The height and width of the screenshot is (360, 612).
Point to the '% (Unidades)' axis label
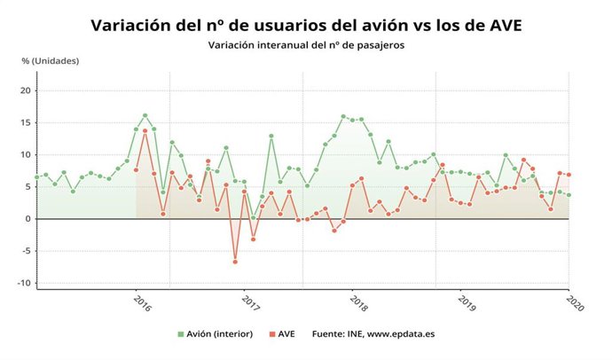pyautogui.click(x=51, y=60)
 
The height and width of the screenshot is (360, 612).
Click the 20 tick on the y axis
pyautogui.click(x=26, y=90)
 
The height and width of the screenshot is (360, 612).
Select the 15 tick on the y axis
pyautogui.click(x=26, y=122)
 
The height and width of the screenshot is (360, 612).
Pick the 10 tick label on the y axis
pyautogui.click(x=26, y=154)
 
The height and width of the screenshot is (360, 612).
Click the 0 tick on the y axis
pyautogui.click(x=28, y=219)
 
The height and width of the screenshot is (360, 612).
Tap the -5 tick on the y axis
pyautogui.click(x=27, y=251)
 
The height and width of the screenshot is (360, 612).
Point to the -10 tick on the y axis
pyautogui.click(x=25, y=283)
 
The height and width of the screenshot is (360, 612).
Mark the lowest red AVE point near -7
pyautogui.click(x=235, y=262)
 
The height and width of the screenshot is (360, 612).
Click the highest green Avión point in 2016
pyautogui.click(x=145, y=115)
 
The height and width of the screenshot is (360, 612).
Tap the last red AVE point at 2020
pyautogui.click(x=569, y=175)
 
